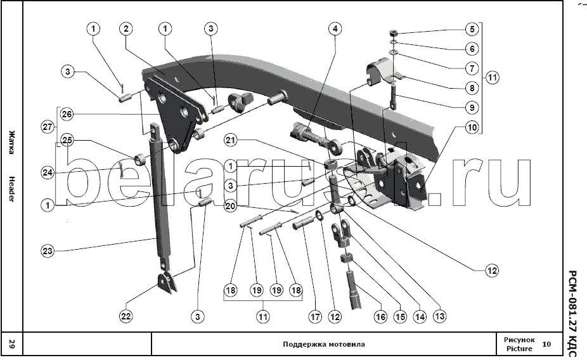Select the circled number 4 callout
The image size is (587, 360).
(x=335, y=29)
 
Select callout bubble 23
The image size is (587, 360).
(x=47, y=251)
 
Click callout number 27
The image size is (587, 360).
(x=47, y=127)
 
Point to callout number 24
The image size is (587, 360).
(x=47, y=172)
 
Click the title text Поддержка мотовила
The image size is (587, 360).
(x=323, y=345)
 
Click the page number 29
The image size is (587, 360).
(x=12, y=344)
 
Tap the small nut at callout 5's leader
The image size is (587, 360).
(x=394, y=32)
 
